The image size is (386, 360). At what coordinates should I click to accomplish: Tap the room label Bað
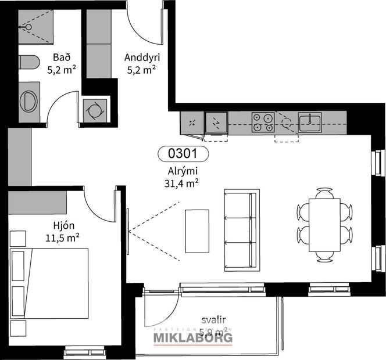click(61, 58)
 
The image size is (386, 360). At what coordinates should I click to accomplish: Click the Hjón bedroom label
click(62, 226)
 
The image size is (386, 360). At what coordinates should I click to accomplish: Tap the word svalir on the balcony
click(214, 319)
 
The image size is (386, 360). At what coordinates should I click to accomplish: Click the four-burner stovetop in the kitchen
click(263, 122)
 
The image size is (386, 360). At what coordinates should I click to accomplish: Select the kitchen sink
click(309, 122)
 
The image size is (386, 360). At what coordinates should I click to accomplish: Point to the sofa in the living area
click(241, 230)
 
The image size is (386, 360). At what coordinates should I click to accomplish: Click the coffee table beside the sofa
click(196, 231)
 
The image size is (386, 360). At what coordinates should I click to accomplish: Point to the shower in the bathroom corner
click(35, 26)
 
